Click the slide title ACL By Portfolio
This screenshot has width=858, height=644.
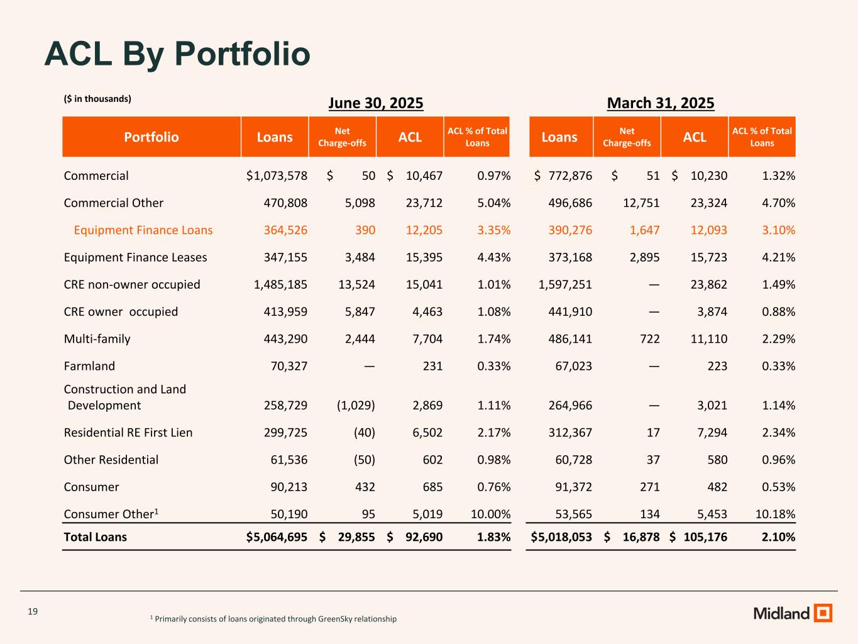pyautogui.click(x=177, y=53)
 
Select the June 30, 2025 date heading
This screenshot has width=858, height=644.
pyautogui.click(x=376, y=103)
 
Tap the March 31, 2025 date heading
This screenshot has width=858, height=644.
pyautogui.click(x=661, y=103)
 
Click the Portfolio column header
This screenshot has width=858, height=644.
pyautogui.click(x=151, y=137)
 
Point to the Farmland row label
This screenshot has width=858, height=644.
pyautogui.click(x=89, y=366)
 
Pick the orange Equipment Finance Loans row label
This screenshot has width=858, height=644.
pyautogui.click(x=143, y=230)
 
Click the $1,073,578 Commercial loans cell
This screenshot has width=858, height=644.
pyautogui.click(x=277, y=176)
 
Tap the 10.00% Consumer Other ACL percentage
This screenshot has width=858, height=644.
pyautogui.click(x=490, y=514)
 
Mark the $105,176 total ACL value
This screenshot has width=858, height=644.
pyautogui.click(x=698, y=537)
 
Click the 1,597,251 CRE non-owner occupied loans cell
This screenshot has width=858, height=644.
pyautogui.click(x=565, y=285)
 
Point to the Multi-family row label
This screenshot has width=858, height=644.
pyautogui.click(x=97, y=339)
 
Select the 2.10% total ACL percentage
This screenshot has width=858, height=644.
pyautogui.click(x=779, y=537)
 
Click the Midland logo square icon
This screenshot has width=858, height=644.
pyautogui.click(x=823, y=613)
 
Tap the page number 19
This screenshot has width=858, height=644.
pyautogui.click(x=33, y=611)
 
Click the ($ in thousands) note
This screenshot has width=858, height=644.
pyautogui.click(x=97, y=99)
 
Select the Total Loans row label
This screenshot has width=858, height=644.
pyautogui.click(x=96, y=537)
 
